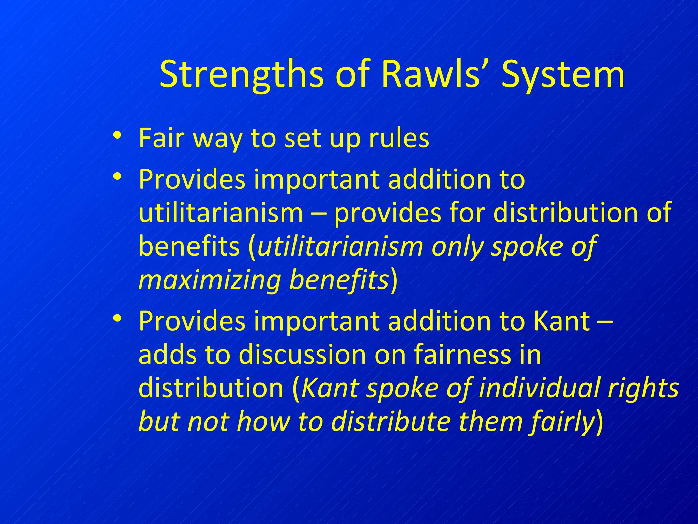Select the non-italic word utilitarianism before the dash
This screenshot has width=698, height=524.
[x=221, y=213]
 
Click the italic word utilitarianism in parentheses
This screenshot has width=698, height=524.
[x=340, y=246]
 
